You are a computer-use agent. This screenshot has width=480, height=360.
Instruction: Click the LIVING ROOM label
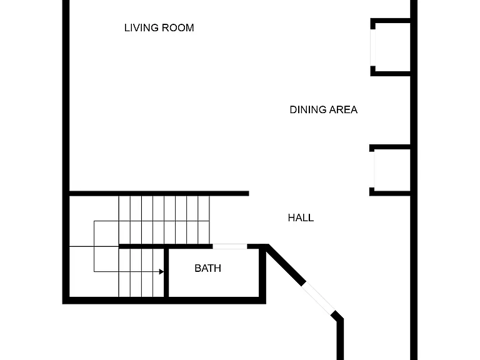(159, 28)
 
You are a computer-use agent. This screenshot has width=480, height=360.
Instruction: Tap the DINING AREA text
(323, 109)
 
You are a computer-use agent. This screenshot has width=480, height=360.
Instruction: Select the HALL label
(301, 217)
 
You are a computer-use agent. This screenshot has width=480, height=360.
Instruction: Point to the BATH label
(207, 268)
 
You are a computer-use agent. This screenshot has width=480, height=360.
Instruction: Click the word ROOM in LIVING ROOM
(177, 28)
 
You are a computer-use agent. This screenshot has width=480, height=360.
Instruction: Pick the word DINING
(307, 109)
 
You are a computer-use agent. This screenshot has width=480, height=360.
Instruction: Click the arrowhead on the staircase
(161, 271)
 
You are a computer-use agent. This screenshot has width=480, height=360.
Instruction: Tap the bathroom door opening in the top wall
(229, 246)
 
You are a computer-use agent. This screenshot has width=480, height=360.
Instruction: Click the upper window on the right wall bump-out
(373, 47)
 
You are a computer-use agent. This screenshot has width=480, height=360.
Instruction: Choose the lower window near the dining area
(372, 169)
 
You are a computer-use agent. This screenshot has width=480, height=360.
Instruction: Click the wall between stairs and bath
(166, 272)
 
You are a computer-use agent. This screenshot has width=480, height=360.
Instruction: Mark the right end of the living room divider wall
(249, 194)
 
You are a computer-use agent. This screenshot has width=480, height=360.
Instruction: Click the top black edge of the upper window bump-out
(390, 21)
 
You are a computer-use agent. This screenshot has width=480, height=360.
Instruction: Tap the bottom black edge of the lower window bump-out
(390, 194)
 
